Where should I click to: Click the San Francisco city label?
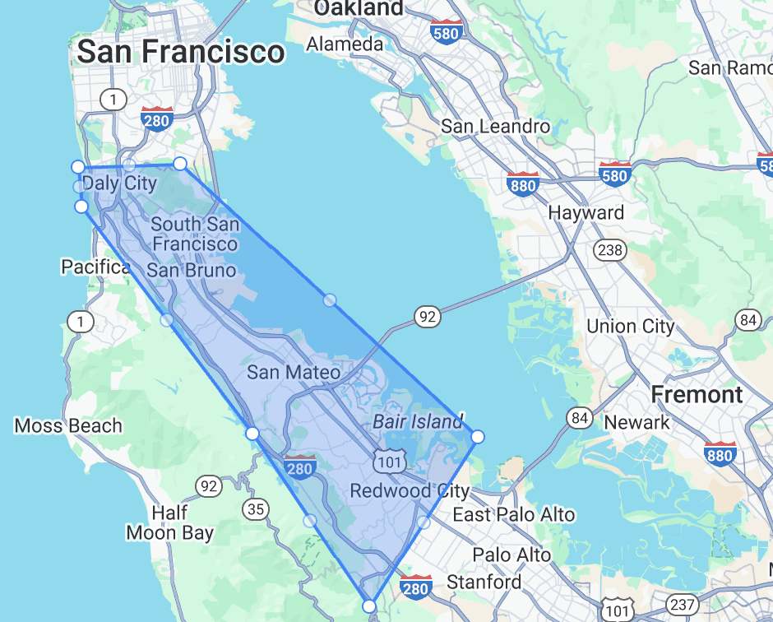point(181,53)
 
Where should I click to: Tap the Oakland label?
point(359,8)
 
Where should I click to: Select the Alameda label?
point(345,44)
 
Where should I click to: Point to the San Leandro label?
point(495,126)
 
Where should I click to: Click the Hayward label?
point(586,212)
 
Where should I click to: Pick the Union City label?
point(631,326)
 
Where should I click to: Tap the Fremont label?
point(697,394)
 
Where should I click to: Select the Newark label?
point(637,422)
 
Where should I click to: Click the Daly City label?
point(119,183)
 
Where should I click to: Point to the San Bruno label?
point(192,270)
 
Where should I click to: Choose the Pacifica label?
point(95,267)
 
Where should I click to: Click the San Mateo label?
point(294,372)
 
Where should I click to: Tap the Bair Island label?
point(419,421)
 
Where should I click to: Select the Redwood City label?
point(410,491)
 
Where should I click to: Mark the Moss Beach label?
point(68,425)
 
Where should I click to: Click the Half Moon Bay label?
point(169,522)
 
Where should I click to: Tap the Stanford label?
point(484,583)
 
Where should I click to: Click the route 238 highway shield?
point(610,249)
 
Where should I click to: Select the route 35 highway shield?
point(256,509)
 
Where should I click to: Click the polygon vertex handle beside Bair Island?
point(478,436)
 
